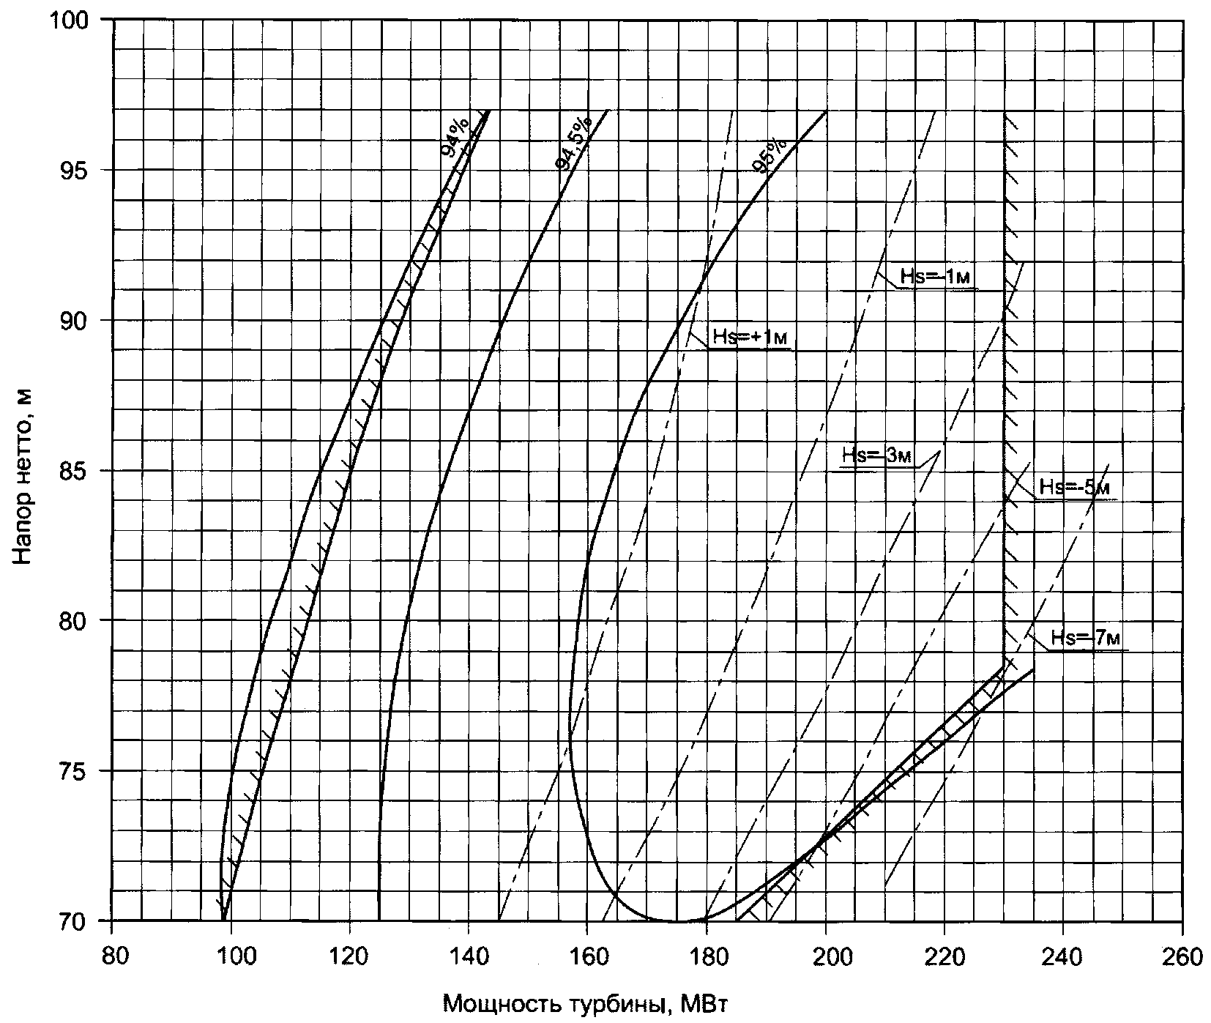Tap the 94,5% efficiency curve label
[573, 142]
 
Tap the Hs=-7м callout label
[1086, 638]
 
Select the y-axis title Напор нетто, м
[23, 476]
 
